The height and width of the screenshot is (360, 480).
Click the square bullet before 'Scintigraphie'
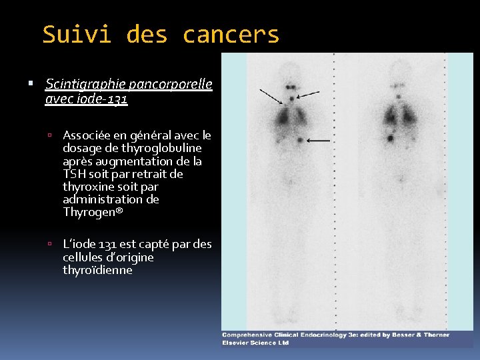[x=31, y=85]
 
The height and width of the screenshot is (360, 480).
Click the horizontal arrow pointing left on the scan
[x=319, y=141]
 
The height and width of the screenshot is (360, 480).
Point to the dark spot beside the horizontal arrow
[x=301, y=140]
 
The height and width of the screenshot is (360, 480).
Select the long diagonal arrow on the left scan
[x=271, y=97]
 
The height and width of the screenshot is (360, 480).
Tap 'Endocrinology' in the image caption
[x=321, y=335]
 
